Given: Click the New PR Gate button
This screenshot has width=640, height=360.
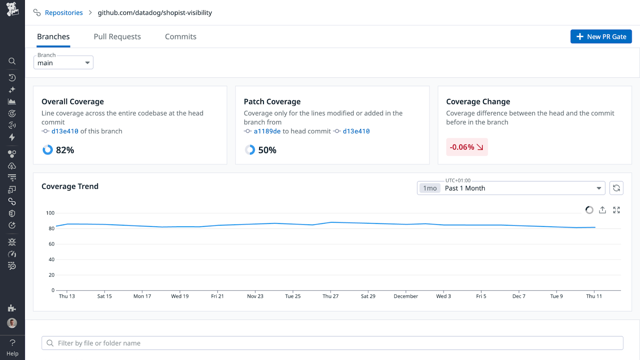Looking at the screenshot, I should pos(601,36).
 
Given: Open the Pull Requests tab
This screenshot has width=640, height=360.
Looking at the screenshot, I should pos(117,36).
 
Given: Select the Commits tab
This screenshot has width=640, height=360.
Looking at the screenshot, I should pos(180,36).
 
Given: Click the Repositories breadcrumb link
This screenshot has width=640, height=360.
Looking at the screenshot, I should pos(64,13).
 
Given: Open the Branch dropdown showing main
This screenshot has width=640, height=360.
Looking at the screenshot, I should pos(64,63).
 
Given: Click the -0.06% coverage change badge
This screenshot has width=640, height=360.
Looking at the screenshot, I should pos(466,147).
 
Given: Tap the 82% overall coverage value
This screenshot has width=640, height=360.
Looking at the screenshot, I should pos(65,150).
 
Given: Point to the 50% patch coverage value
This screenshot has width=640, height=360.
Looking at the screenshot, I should pos(267,150).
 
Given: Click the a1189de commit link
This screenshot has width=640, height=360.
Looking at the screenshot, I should pos(267,131).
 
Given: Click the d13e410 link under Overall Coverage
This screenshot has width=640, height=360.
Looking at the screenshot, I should pos(65,131).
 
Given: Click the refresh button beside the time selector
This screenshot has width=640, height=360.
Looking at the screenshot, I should pos(616,188).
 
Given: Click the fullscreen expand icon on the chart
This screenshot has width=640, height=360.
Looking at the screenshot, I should pos(616,210).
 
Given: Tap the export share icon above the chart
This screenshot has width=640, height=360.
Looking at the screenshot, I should pos(602,210).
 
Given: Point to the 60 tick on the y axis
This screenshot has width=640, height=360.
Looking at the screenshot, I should pos(52,244).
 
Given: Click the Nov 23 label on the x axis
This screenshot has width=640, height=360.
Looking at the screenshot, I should pos(255,296).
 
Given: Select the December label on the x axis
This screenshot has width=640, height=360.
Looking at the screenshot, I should pos(406,296).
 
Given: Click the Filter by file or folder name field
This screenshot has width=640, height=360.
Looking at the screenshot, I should pos(332,343).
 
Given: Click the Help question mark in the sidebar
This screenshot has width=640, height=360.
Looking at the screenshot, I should pos(12,343).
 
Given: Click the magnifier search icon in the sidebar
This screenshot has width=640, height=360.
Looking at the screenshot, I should pos(12,61).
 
